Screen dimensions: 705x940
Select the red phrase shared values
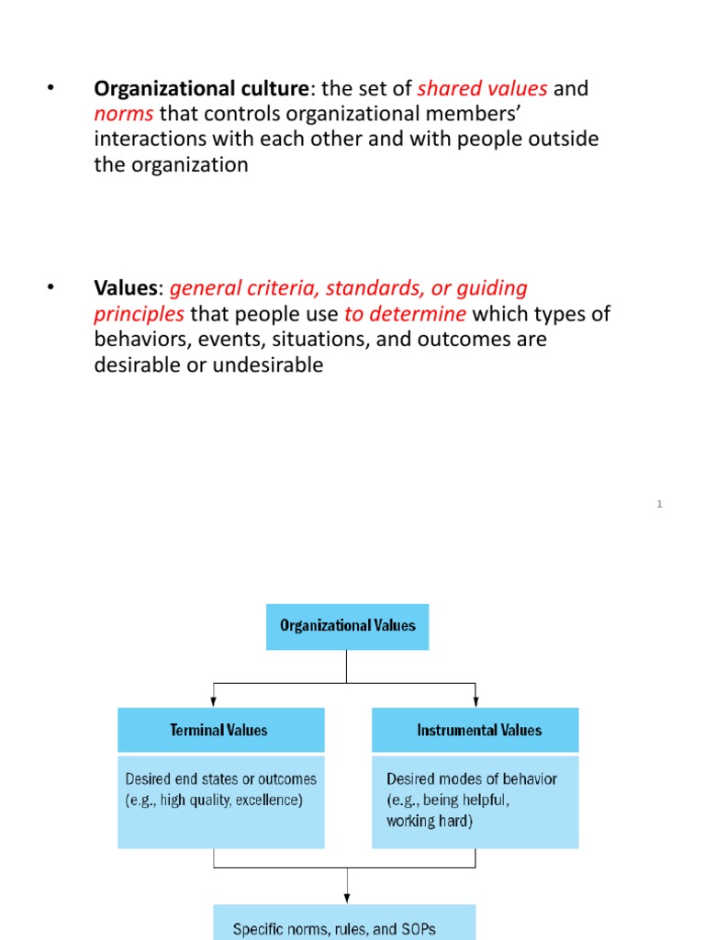tap(482, 89)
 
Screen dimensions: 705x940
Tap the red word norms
tap(123, 115)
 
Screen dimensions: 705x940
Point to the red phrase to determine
tap(405, 314)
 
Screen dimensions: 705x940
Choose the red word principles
tap(139, 314)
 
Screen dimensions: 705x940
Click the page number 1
tap(660, 504)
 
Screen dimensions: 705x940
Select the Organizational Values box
tap(347, 626)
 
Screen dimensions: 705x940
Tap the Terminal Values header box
tap(220, 731)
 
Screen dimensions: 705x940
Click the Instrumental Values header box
tap(475, 731)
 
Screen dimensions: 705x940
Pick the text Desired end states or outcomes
tap(220, 778)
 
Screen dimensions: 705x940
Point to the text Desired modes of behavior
tap(472, 778)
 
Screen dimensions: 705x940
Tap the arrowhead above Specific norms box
tap(347, 897)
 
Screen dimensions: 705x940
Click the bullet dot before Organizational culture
tap(50, 89)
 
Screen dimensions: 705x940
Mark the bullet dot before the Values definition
tap(50, 288)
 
